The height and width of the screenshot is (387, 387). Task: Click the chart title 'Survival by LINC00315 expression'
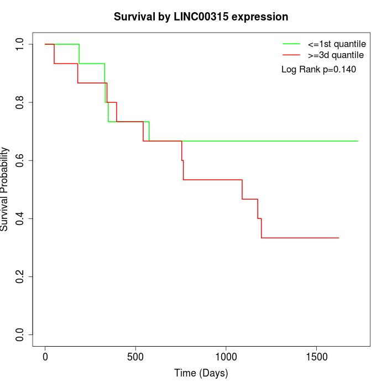point(201,17)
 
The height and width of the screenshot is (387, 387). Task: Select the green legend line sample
point(291,44)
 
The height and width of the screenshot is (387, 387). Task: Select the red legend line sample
point(291,55)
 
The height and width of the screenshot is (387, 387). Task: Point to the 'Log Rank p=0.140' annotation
point(318,70)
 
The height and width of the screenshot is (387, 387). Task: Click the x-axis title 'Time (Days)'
point(201,373)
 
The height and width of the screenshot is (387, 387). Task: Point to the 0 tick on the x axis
point(45,357)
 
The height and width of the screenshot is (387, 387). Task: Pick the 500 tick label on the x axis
point(135,357)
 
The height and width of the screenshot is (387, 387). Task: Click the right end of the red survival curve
point(338,238)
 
